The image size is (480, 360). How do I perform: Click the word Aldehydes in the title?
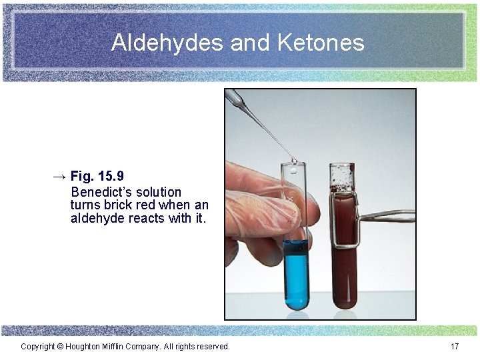coord(168,43)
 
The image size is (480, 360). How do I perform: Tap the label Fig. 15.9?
coord(97,177)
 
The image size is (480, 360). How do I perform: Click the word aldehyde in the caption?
coord(97,218)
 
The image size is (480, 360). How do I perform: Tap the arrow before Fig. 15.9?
coord(59,177)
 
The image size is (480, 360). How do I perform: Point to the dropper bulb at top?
coord(234,98)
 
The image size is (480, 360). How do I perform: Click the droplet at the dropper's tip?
coord(293,161)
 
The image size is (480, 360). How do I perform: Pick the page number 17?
coord(455,347)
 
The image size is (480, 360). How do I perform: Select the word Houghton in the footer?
coord(85,347)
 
